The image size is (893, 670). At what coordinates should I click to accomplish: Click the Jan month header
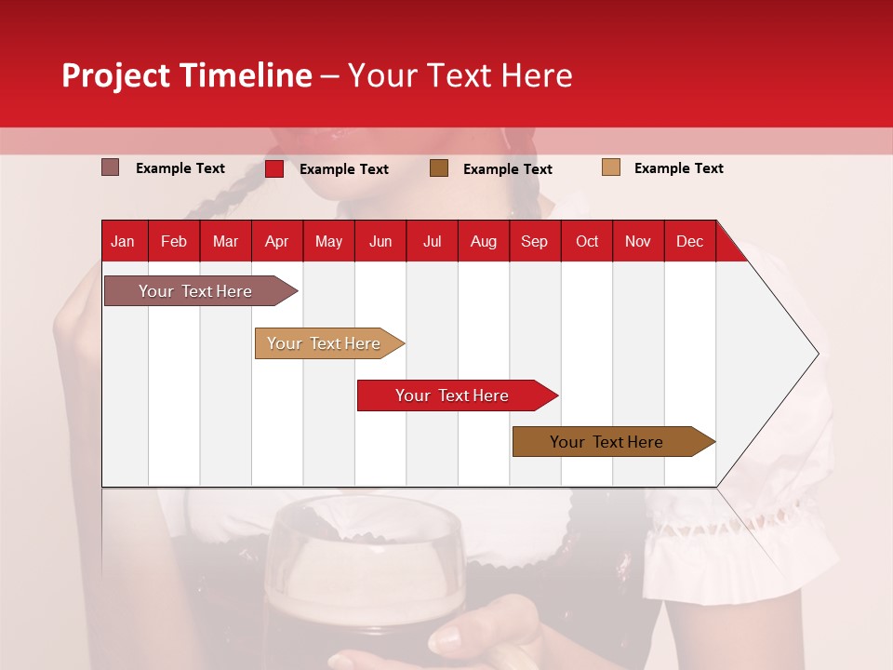tap(123, 241)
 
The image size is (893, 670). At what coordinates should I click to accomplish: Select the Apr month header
tap(276, 241)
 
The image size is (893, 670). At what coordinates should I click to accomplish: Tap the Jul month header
tap(432, 241)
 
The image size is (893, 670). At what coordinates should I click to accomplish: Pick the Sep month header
tap(534, 241)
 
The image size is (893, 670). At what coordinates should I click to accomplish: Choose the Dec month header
tap(689, 241)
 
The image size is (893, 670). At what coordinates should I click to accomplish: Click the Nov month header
tap(637, 241)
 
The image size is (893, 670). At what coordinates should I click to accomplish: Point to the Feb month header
tap(174, 241)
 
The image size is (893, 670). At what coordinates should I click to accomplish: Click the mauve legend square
tap(110, 167)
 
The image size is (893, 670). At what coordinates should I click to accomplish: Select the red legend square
tap(273, 168)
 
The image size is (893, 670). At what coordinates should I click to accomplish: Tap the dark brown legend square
tap(439, 167)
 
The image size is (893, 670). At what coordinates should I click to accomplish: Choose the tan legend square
tap(610, 167)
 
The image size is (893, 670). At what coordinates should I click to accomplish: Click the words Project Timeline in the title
tap(186, 75)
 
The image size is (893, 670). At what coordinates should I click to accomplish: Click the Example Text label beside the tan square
tap(678, 168)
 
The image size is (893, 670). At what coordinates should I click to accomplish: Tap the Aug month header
tap(483, 241)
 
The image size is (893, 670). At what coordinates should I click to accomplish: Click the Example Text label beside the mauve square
tap(180, 168)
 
